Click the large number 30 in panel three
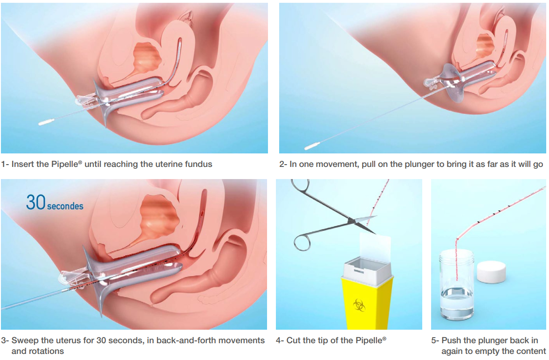tap(36, 202)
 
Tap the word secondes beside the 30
tap(65, 206)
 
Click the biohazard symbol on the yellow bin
tap(359, 305)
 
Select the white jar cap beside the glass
tap(491, 272)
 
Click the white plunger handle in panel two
tap(312, 147)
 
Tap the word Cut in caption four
tap(293, 340)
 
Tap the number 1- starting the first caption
tap(5, 164)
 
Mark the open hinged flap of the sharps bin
tap(375, 248)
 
